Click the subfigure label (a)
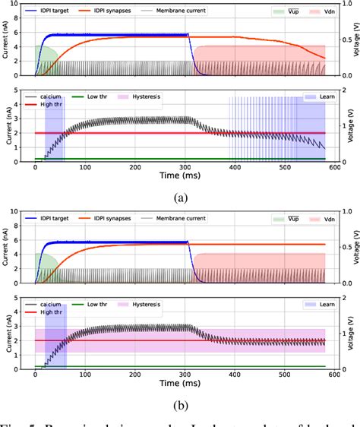(180, 198)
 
